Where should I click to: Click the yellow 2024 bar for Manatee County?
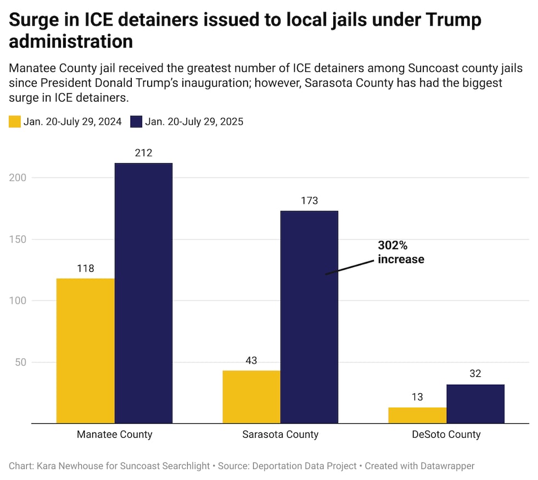point(86,351)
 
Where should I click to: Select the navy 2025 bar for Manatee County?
point(143,293)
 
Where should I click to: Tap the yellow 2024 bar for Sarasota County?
point(251,397)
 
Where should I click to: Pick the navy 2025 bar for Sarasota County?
point(309,317)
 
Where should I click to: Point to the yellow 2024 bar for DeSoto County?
point(417,415)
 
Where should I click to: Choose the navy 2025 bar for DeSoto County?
point(475,404)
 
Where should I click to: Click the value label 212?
point(143,153)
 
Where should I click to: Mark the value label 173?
point(309,200)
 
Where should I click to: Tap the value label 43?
point(251,360)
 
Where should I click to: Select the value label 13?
point(417,397)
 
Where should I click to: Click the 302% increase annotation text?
point(401,252)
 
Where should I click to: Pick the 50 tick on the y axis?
point(20,362)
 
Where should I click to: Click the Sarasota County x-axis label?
point(281,434)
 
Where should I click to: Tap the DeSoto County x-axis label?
point(446,434)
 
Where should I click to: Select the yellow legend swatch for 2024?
point(15,122)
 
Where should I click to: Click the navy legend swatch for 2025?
point(136,122)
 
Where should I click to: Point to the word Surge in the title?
point(34,21)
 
